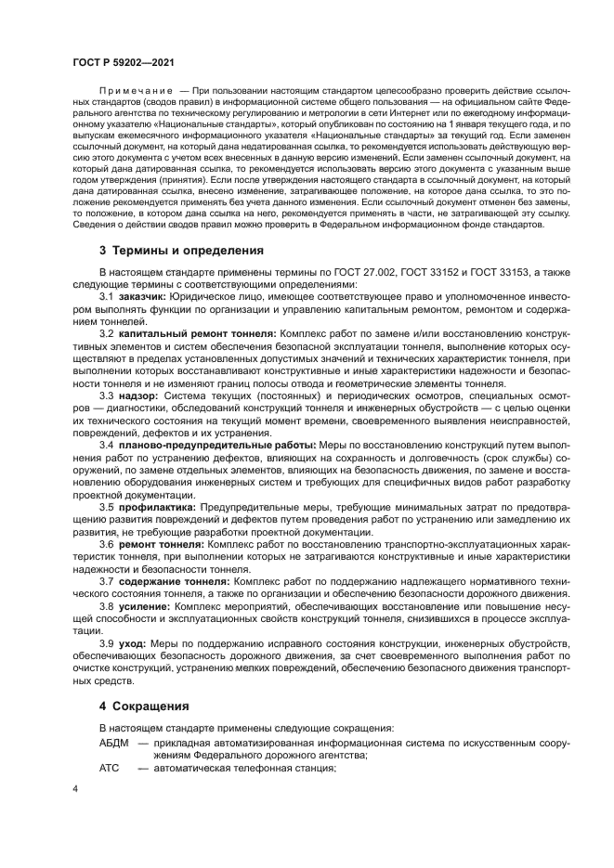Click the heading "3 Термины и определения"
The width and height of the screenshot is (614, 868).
[182, 251]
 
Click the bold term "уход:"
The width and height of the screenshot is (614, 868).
[134, 643]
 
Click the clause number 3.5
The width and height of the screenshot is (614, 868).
[108, 507]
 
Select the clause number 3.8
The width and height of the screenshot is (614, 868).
[108, 606]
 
